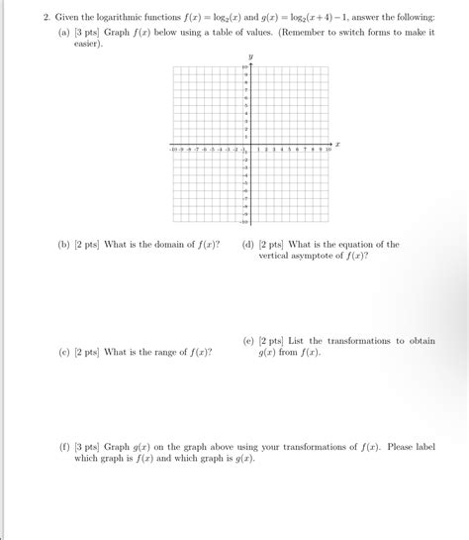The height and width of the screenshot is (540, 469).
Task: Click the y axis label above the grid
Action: (x=251, y=56)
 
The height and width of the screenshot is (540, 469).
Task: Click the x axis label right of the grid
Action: (x=337, y=144)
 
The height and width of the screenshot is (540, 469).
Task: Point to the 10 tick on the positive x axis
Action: (x=328, y=149)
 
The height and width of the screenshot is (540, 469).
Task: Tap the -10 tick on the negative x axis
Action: (x=174, y=149)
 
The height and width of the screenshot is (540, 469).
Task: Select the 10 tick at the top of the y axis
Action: (x=244, y=66)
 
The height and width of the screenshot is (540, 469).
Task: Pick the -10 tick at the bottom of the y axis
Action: (x=243, y=223)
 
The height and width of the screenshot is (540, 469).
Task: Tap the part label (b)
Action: (x=64, y=245)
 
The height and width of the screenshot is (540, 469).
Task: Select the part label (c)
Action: (x=64, y=352)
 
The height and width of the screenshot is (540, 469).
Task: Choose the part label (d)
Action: (x=247, y=245)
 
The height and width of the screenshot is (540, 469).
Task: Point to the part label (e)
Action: (x=247, y=341)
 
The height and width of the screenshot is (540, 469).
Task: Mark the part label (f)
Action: (x=64, y=447)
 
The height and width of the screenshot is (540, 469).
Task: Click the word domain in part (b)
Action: (x=167, y=245)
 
